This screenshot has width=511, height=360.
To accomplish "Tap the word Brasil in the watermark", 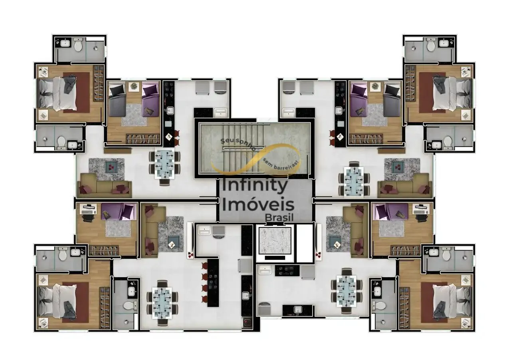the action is coord(279,217).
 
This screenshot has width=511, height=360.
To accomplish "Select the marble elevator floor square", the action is coord(275,241).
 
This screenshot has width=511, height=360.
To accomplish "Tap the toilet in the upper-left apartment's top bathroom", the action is coord(78,45).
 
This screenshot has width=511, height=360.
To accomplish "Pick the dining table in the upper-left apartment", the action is coord(165,164).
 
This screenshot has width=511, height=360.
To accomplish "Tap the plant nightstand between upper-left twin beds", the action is coord(134,87).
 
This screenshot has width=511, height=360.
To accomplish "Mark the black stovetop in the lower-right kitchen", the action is coord(287,271).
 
